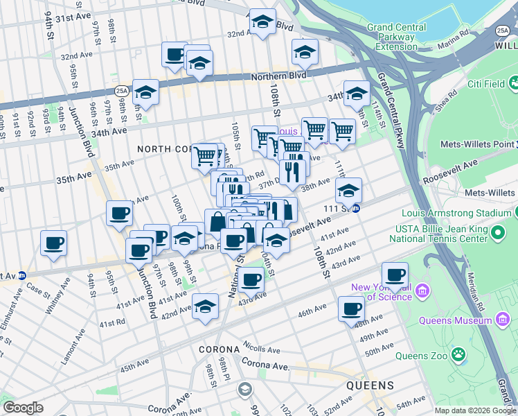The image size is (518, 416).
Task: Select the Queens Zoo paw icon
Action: tap(458, 355)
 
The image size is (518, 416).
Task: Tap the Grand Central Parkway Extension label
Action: tap(400, 37)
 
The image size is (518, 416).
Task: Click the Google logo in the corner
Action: tap(23, 408)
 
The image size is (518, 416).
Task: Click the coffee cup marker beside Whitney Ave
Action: tap(53, 243)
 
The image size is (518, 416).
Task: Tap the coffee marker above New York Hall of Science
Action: tap(395, 275)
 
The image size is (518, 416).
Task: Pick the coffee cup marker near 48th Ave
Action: tap(351, 308)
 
